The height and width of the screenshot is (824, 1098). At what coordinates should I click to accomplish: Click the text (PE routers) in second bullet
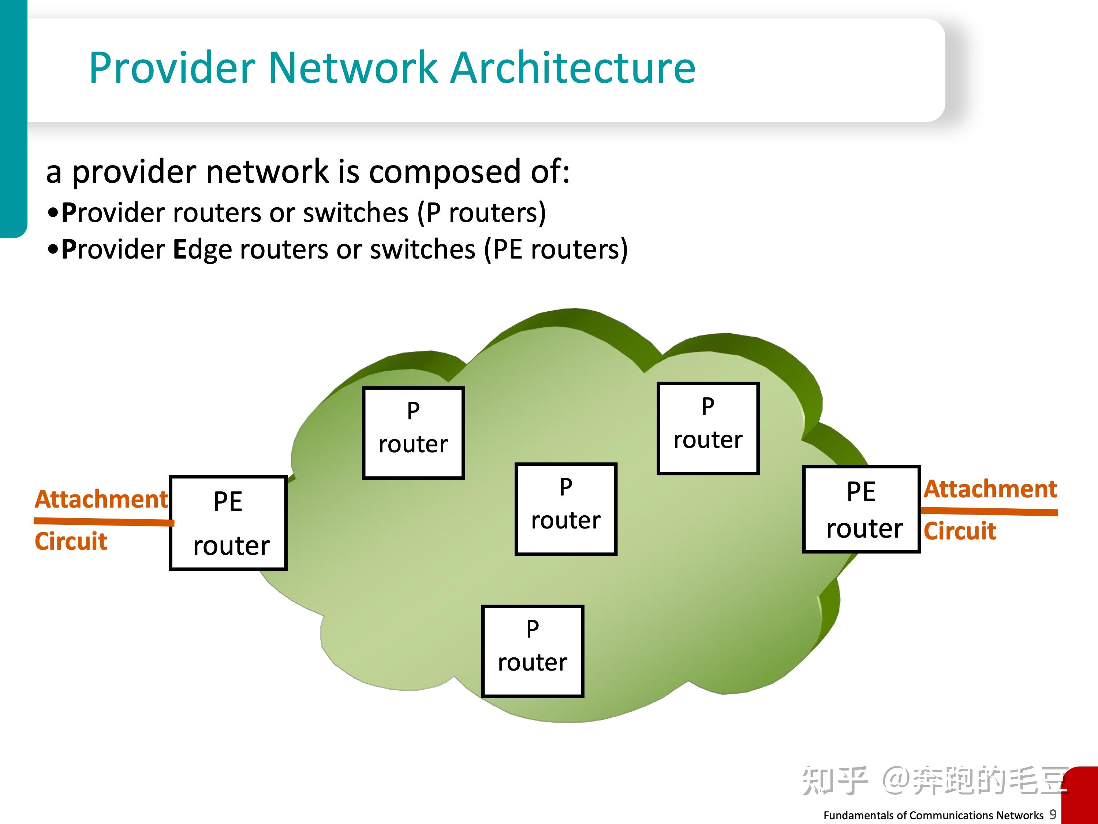pyautogui.click(x=556, y=249)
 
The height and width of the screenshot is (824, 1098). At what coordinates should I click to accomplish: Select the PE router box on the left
pyautogui.click(x=228, y=523)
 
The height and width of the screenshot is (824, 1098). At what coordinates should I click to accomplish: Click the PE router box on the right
pyautogui.click(x=861, y=509)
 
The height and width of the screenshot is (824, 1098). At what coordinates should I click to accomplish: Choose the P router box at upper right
pyautogui.click(x=708, y=428)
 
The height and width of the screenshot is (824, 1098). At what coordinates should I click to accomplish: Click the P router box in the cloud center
pyautogui.click(x=566, y=509)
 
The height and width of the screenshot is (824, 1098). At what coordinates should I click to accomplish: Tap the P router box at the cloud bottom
pyautogui.click(x=533, y=651)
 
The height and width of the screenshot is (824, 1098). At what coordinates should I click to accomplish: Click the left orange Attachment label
pyautogui.click(x=101, y=499)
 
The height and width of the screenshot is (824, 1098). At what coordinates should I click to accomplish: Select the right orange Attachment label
pyautogui.click(x=990, y=489)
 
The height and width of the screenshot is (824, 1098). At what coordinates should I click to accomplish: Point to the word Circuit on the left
pyautogui.click(x=71, y=541)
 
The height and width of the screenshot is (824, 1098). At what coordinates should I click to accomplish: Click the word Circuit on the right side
pyautogui.click(x=960, y=531)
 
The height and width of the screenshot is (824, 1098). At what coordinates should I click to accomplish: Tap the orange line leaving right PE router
pyautogui.click(x=989, y=511)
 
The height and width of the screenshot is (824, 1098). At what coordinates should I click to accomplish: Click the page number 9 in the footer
pyautogui.click(x=1053, y=814)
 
